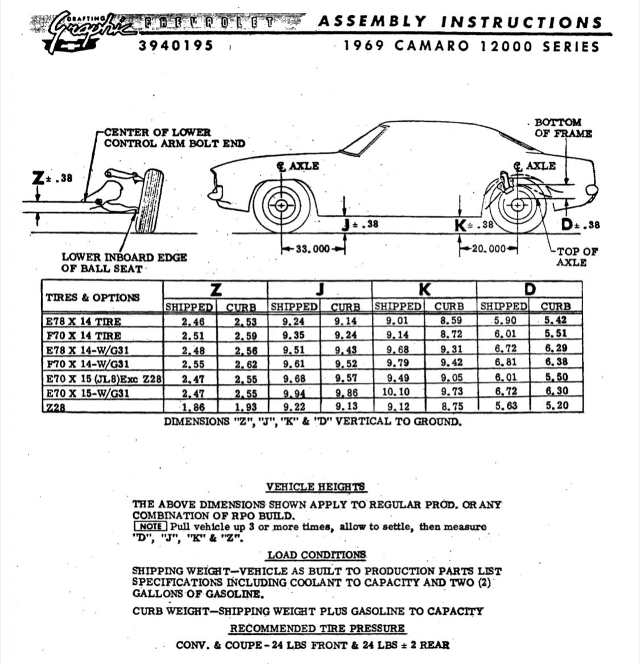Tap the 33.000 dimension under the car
click(x=313, y=249)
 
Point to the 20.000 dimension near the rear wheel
click(x=489, y=249)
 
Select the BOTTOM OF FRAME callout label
click(x=563, y=128)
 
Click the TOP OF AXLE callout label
click(x=576, y=256)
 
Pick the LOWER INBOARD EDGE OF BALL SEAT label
click(x=124, y=263)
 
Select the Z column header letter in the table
click(x=215, y=290)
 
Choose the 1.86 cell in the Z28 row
click(x=192, y=407)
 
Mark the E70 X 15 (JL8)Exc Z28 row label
click(x=104, y=378)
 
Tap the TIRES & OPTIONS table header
click(x=92, y=297)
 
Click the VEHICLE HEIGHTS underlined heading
click(x=315, y=487)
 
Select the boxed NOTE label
click(x=150, y=527)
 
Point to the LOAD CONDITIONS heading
click(x=317, y=555)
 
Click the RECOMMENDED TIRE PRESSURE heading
click(x=317, y=628)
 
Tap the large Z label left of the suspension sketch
click(x=38, y=178)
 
